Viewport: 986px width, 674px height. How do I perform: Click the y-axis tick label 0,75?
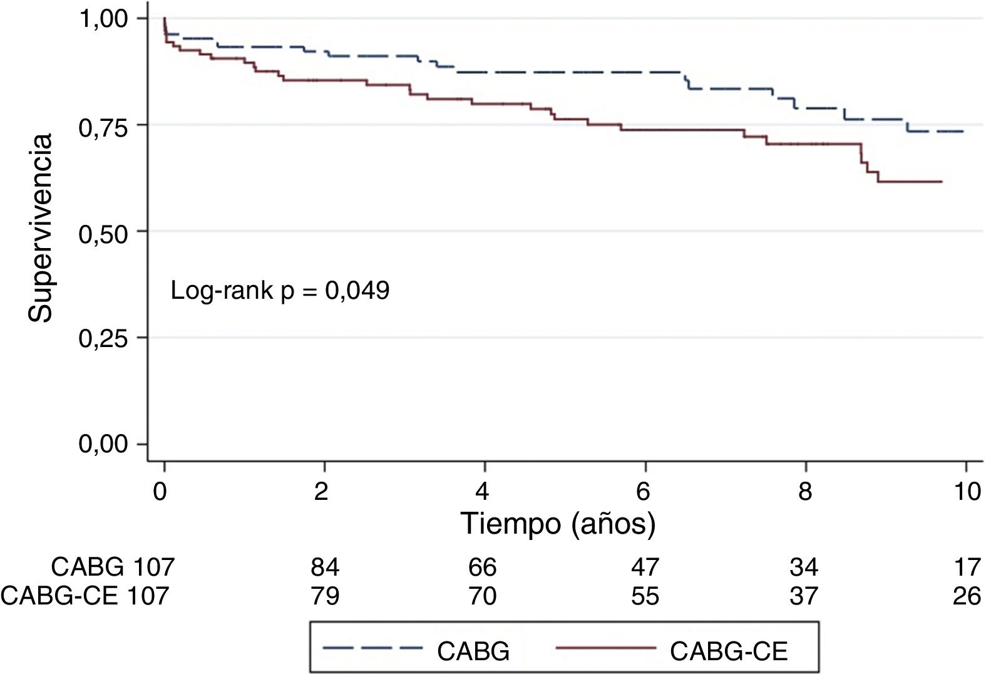103,125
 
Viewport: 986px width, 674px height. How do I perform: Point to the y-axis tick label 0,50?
103,232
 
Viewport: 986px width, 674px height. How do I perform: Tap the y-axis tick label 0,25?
103,338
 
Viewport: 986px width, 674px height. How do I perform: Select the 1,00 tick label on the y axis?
103,19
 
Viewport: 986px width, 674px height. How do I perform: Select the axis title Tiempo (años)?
558,524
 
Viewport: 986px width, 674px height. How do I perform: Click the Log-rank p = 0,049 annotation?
280,291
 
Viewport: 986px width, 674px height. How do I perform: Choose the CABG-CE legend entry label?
728,652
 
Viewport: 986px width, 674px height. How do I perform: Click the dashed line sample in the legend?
372,650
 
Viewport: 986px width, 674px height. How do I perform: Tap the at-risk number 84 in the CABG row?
325,568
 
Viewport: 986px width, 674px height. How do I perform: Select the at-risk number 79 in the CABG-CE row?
325,595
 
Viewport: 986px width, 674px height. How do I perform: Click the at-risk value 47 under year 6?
645,568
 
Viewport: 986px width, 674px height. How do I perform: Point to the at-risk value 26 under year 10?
967,595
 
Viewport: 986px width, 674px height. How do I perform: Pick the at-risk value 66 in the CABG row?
483,568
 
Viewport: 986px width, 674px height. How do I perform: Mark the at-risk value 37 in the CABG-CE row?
804,595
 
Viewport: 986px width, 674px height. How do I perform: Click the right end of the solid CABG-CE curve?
942,182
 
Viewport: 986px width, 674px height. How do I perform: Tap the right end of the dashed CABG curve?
962,132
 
